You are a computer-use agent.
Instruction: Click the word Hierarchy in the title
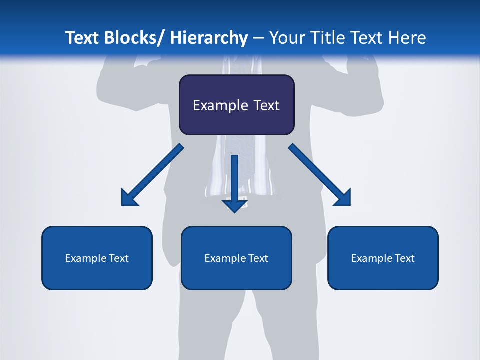coord(209,38)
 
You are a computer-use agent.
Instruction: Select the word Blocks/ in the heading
coord(135,38)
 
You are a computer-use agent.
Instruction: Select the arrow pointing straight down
coord(234,182)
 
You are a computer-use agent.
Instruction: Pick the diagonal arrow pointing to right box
coord(320,175)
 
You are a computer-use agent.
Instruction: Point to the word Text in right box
coord(404,258)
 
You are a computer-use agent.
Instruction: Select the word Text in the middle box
coord(258,258)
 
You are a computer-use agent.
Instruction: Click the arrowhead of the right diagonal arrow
coord(343,198)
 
